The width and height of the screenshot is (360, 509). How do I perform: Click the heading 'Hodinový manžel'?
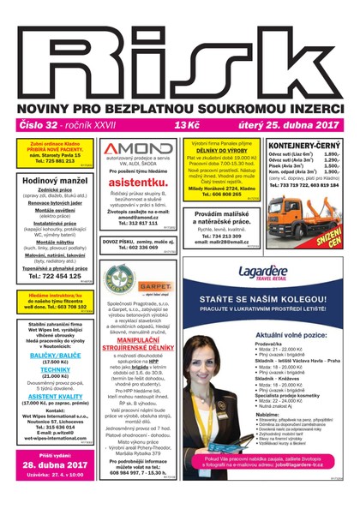(x=52, y=183)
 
